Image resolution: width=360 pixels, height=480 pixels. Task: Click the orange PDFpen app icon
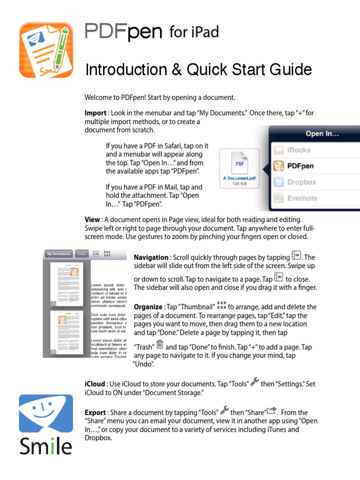pyautogui.click(x=46, y=50)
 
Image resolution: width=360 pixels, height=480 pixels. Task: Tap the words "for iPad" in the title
pyautogui.click(x=194, y=32)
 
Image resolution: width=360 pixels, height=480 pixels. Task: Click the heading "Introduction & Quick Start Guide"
pyautogui.click(x=198, y=70)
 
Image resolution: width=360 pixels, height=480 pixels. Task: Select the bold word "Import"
pyautogui.click(x=95, y=113)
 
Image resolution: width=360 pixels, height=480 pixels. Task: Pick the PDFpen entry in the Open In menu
pyautogui.click(x=300, y=166)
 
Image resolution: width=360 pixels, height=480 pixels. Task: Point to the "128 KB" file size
pyautogui.click(x=239, y=184)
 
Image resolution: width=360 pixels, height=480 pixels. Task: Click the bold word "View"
pyautogui.click(x=92, y=219)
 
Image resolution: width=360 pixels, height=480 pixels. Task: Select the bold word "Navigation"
pyautogui.click(x=151, y=257)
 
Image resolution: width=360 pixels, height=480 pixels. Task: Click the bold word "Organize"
pyautogui.click(x=148, y=307)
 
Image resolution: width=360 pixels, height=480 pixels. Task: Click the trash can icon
pyautogui.click(x=159, y=345)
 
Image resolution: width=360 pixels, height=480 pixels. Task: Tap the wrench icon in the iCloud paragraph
pyautogui.click(x=255, y=382)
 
